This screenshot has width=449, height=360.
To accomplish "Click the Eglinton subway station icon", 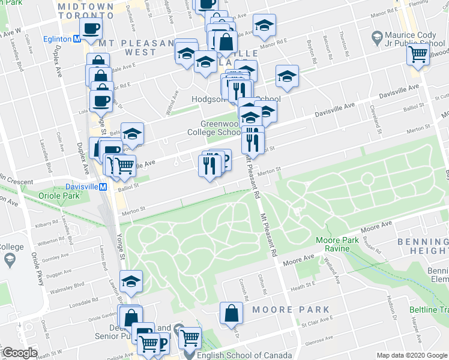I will (77, 39).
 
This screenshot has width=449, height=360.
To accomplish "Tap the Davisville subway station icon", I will (103, 187).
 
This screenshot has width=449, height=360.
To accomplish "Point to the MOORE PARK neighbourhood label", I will (291, 310).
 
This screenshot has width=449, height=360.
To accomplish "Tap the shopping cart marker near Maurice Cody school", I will (418, 55).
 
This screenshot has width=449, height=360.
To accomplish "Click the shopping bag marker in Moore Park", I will (231, 313).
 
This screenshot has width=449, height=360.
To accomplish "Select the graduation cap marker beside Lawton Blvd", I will (131, 281).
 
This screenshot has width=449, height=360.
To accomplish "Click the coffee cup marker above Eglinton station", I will (91, 28).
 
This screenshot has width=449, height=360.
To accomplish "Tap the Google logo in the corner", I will (20, 353).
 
